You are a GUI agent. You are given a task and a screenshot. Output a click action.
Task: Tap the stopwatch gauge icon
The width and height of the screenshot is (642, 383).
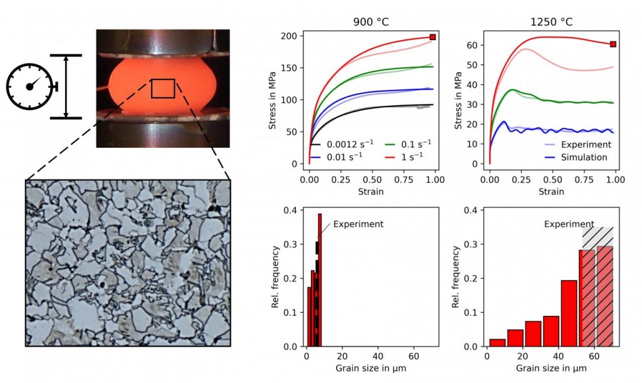pyautogui.click(x=30, y=87)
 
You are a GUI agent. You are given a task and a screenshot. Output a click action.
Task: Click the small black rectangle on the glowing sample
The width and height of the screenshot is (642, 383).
pyautogui.click(x=163, y=88)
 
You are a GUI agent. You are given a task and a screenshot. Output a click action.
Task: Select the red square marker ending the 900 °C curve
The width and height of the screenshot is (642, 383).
pyautogui.click(x=433, y=37)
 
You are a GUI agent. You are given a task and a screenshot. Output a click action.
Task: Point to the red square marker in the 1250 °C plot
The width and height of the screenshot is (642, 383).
pyautogui.click(x=613, y=44)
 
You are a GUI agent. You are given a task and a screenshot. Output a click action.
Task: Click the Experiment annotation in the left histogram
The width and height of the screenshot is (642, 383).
pyautogui.click(x=357, y=224)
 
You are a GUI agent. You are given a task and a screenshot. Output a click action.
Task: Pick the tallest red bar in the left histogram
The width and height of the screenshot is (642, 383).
pyautogui.click(x=320, y=280)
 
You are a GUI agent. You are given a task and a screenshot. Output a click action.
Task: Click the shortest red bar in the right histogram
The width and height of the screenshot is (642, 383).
pyautogui.click(x=497, y=343)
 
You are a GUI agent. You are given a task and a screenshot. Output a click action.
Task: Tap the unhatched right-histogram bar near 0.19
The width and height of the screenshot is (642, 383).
pyautogui.click(x=569, y=313)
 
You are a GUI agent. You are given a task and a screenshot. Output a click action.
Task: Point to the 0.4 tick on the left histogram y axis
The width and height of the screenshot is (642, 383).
pyautogui.click(x=291, y=210)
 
